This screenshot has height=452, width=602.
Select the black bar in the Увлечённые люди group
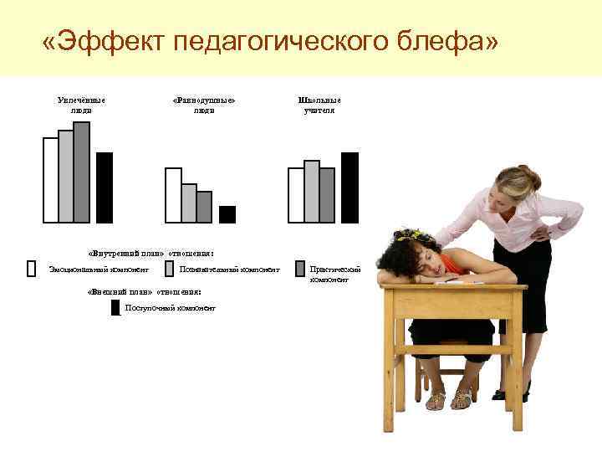[x=105, y=187]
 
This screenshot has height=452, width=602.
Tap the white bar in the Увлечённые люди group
[x=51, y=180]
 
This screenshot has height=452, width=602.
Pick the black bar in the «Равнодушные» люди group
[x=227, y=214]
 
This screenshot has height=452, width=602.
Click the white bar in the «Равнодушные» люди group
[x=173, y=195]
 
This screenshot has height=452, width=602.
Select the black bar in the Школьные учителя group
[x=349, y=187]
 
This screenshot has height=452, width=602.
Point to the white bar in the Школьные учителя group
[x=296, y=195]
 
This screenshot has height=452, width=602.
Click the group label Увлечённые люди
[x=81, y=105]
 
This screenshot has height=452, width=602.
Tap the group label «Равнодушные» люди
[x=203, y=105]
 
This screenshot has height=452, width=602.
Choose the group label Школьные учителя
[x=319, y=105]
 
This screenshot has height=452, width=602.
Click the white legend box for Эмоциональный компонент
[x=32, y=269]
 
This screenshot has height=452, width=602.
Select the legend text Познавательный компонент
[x=229, y=270]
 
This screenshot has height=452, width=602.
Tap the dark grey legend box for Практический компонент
[x=300, y=269]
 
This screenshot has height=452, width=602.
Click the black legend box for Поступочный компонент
[x=115, y=307]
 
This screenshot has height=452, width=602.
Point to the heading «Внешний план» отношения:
[x=145, y=291]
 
